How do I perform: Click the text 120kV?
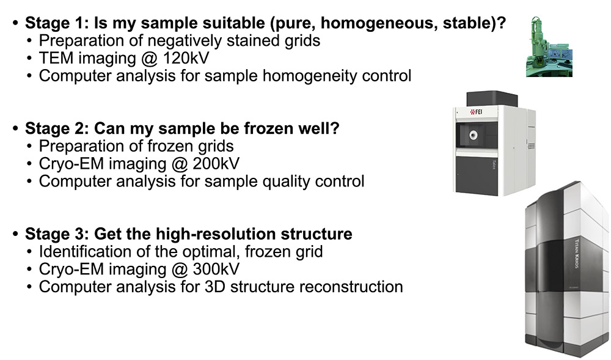click(186, 58)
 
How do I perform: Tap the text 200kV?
click(216, 164)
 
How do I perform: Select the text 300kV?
click(216, 269)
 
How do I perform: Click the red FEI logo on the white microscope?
click(476, 112)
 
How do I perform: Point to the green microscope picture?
click(549, 46)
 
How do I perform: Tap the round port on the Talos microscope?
click(473, 135)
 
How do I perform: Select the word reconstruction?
click(351, 287)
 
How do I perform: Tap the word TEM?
click(56, 58)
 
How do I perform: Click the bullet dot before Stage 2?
click(15, 128)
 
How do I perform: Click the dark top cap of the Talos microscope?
click(492, 98)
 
